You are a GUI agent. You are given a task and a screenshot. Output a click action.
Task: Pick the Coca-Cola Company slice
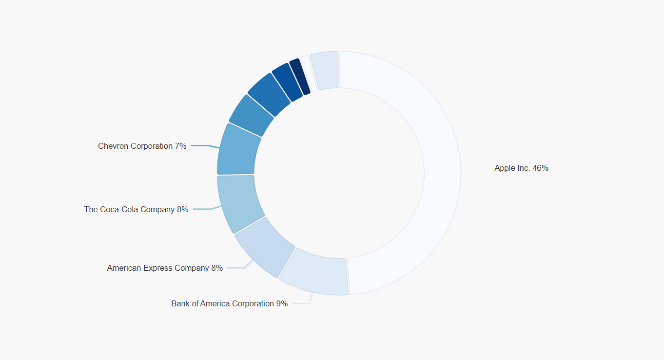(239, 203)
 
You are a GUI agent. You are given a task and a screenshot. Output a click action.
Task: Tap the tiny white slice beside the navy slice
(308, 74)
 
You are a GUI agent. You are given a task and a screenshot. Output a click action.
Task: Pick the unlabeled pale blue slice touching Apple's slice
(325, 70)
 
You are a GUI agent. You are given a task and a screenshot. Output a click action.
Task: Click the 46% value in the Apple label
(540, 168)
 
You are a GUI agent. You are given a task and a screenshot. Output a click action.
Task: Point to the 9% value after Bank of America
(282, 303)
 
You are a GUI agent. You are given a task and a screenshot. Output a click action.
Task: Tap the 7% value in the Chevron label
(180, 146)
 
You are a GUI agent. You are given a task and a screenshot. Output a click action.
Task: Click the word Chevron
(112, 146)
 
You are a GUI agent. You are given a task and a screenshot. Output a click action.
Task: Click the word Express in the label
(158, 268)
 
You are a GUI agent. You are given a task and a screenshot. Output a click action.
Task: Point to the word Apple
(504, 168)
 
